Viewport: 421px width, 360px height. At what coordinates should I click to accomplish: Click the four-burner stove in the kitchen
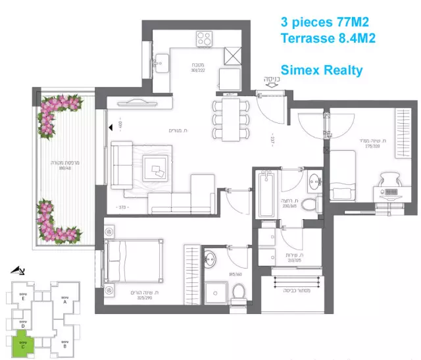[204, 39]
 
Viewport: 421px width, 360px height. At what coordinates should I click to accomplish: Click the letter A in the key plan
[64, 303]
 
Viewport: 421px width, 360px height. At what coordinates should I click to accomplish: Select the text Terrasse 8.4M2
[328, 38]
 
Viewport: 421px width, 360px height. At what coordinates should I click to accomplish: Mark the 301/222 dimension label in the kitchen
[199, 71]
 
